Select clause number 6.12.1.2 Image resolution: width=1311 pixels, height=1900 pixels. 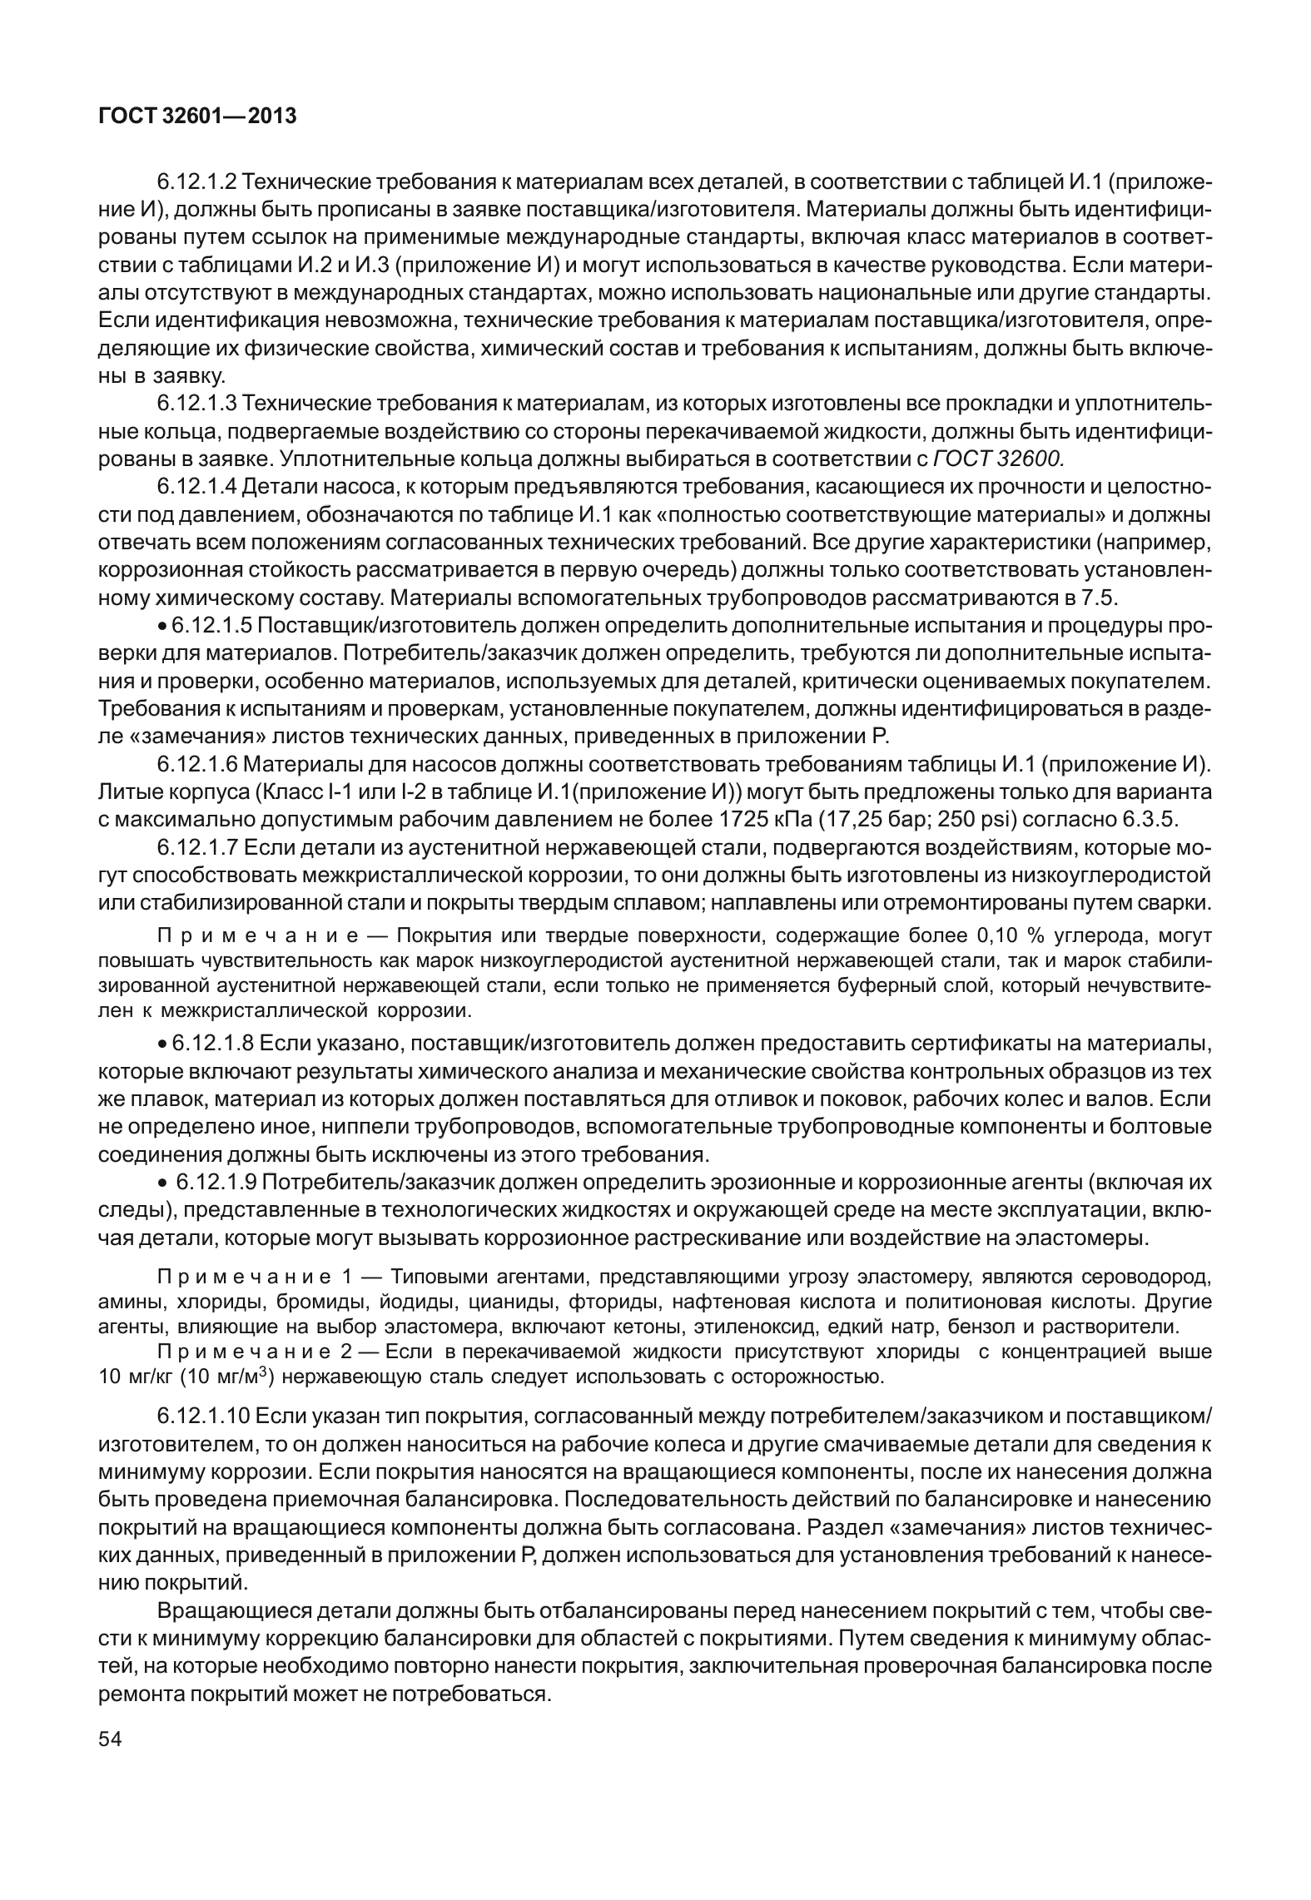pyautogui.click(x=197, y=181)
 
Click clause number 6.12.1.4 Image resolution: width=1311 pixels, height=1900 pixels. pyautogui.click(x=197, y=487)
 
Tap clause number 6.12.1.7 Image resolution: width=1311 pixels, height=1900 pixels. pyautogui.click(x=197, y=848)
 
